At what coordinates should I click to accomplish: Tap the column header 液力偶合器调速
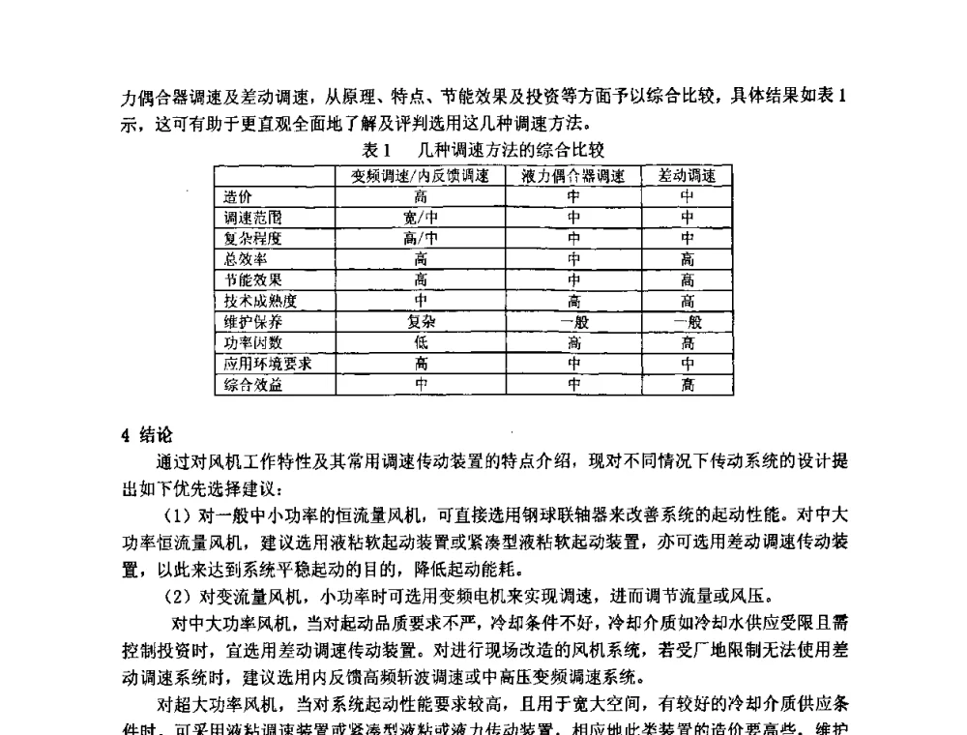click(573, 175)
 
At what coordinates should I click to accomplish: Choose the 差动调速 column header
click(687, 175)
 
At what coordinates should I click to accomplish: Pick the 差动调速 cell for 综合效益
click(687, 385)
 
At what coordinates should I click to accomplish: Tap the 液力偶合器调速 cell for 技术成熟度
click(573, 301)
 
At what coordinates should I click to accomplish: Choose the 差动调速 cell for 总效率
click(687, 259)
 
